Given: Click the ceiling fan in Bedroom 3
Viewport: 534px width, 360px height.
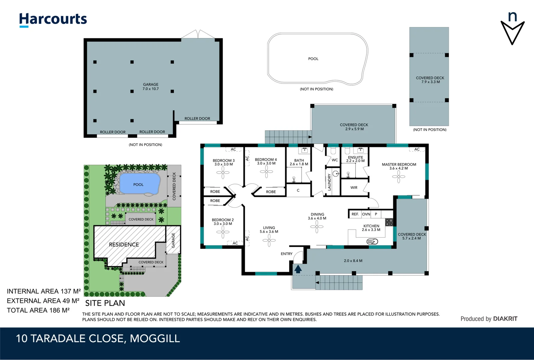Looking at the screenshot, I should [223, 172].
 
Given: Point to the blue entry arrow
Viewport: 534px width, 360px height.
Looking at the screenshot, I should [298, 269].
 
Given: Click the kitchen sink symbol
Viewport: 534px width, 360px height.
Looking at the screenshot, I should [372, 241].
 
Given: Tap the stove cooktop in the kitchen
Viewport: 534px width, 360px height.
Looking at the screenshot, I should [389, 222].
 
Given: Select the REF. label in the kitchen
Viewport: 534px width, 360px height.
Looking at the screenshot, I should [355, 214].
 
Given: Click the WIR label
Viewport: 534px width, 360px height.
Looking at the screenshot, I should [354, 188].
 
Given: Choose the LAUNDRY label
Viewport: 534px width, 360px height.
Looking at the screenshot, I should [329, 182].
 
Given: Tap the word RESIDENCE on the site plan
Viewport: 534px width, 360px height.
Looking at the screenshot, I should [124, 245].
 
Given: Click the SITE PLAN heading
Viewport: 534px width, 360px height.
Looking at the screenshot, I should [105, 303].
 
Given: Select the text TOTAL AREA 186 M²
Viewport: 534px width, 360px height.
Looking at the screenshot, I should [38, 310].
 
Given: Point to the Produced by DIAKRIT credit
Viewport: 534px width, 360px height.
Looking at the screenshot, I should [489, 319].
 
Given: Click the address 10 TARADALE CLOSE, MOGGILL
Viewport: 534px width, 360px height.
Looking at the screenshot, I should [98, 339].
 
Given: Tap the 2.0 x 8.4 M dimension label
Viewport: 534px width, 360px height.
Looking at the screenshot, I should [353, 261].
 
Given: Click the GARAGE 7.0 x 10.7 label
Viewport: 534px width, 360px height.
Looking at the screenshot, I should [151, 87].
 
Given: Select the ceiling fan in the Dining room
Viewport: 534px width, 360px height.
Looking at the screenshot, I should [316, 227].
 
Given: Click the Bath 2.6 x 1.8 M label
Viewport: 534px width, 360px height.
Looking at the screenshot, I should [299, 162].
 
